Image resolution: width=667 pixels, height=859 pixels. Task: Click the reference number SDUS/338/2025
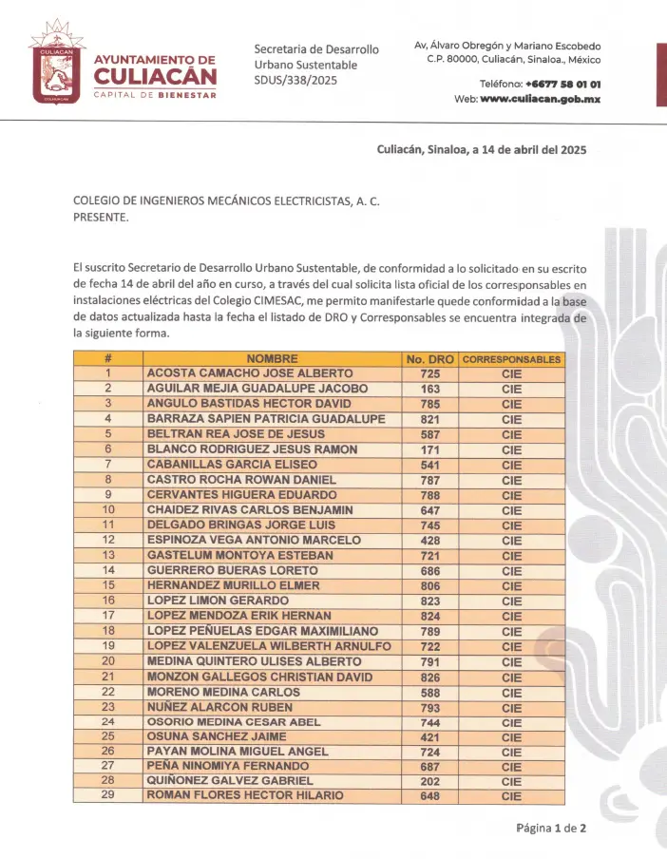[x=295, y=80]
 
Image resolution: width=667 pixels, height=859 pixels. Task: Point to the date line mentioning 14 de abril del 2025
[x=482, y=150]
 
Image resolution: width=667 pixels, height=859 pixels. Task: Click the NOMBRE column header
[x=272, y=359]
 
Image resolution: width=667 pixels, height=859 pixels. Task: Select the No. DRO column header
[x=429, y=359]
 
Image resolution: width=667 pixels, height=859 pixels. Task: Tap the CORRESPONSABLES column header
[x=511, y=359]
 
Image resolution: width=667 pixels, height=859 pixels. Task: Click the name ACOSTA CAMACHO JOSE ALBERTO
[x=250, y=373]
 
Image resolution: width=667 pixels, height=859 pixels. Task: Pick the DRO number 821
[x=429, y=419]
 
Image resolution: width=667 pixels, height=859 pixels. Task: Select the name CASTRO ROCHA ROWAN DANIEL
[x=242, y=480]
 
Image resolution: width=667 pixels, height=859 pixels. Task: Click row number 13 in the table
[x=108, y=555]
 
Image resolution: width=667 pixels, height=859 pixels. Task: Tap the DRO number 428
[x=429, y=540]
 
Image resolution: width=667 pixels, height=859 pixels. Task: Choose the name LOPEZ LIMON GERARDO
[x=218, y=601]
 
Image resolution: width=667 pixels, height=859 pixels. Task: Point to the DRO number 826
[x=429, y=677]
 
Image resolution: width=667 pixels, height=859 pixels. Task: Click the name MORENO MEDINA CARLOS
[x=223, y=692]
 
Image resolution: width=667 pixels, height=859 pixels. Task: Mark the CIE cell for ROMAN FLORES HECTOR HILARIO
[x=511, y=795]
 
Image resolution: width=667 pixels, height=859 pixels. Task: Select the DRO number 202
[x=429, y=780]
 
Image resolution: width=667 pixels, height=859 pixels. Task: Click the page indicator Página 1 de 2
[x=551, y=828]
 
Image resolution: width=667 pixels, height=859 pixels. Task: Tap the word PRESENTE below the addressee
[x=100, y=217]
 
